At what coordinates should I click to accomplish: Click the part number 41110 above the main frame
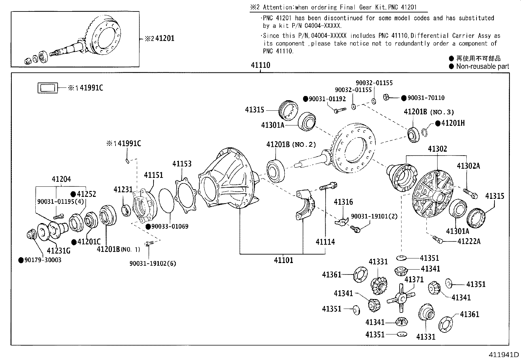pos(260,65)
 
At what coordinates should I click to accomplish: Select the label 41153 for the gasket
pos(182,163)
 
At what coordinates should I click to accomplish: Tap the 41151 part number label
pos(153,175)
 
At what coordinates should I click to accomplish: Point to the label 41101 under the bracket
pos(283,260)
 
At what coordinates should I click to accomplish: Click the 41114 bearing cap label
pos(325,242)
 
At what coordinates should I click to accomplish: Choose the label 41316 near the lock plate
pos(343,202)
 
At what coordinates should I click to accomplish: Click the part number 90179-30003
pos(43,260)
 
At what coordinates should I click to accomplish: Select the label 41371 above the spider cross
pos(414,279)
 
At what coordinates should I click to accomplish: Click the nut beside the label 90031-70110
pos(386,97)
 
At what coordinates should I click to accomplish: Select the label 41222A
pos(469,241)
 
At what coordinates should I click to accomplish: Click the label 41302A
pos(468,166)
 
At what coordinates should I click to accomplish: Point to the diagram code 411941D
pos(504,355)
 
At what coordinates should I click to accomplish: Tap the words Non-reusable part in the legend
pos(482,66)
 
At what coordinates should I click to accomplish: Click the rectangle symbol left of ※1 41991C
pos(47,88)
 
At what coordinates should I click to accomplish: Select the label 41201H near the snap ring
pos(453,123)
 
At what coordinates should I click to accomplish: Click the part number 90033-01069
pos(170,226)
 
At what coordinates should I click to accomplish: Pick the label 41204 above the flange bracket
pos(61,179)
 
